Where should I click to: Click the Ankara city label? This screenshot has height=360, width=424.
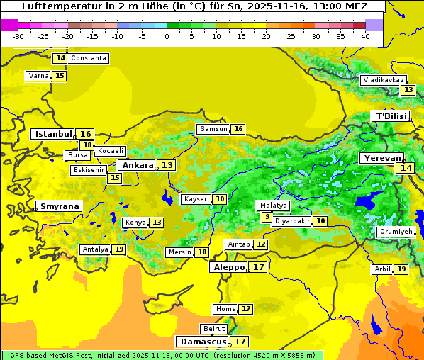coord(136,165)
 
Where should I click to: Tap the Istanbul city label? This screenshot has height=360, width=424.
coord(53,133)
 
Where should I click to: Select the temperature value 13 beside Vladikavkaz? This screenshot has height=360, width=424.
coord(408,90)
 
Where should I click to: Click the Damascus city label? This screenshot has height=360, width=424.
coord(203,342)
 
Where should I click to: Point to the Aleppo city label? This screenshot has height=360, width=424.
coord(228,268)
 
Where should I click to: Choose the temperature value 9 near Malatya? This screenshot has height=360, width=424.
coord(267,217)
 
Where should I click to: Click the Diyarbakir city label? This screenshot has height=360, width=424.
coord(292,221)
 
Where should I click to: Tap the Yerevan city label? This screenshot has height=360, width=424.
coord(381,159)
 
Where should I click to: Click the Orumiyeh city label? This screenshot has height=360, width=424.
coord(395,232)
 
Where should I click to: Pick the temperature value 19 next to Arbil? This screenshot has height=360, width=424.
coord(401,269)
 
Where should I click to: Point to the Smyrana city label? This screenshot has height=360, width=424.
coord(60,206)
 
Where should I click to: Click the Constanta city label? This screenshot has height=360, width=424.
coord(89,58)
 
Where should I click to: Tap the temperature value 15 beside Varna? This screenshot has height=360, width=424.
coord(60,76)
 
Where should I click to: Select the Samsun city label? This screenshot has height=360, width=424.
coord(213,129)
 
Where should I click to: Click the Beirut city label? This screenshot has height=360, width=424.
coord(214,329)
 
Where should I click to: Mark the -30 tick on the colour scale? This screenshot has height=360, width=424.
coord(18,35)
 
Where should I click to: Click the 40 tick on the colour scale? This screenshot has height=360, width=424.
coord(365,35)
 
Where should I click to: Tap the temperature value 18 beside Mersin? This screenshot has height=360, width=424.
coord(202,252)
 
